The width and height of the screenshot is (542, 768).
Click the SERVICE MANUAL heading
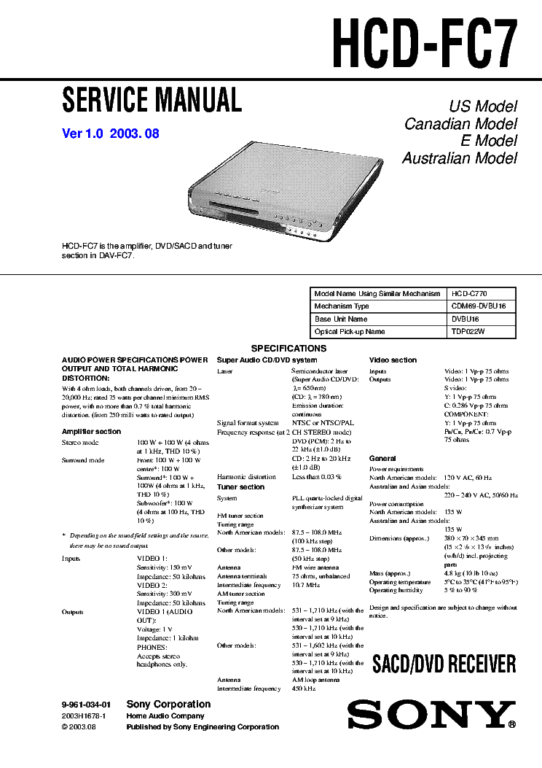coord(152,99)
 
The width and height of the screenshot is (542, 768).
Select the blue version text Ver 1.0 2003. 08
coord(111,133)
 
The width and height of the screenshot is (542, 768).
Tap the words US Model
coord(482,106)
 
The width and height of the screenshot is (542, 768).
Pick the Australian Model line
coord(459,158)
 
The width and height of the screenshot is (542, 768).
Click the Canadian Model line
coord(460,124)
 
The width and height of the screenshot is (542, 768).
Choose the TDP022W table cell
coord(468,332)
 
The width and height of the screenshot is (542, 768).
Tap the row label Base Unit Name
coord(341,319)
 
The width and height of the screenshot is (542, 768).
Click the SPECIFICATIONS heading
coord(288,349)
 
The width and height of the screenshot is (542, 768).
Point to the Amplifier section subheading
coord(91,432)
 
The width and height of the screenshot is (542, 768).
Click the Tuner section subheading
coord(240,487)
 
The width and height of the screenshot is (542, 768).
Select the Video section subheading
coord(393,360)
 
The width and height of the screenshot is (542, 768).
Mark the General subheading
coord(382,459)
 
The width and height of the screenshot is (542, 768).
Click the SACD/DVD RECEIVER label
coord(444,664)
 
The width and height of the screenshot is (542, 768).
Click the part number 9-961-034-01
coord(86,705)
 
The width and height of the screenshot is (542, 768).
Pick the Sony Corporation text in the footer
coord(168,705)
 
